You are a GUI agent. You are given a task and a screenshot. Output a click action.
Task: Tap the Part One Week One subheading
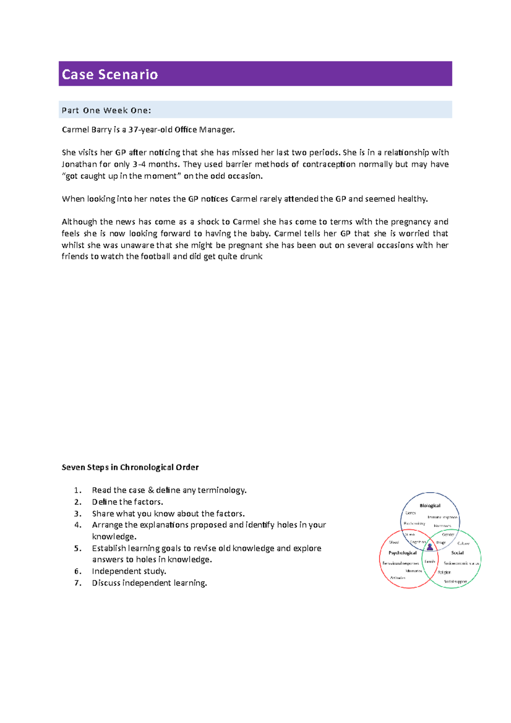pyautogui.click(x=106, y=110)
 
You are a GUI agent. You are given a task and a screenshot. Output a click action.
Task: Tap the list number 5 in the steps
pyautogui.click(x=77, y=548)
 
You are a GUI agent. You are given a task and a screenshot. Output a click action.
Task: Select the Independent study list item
pyautogui.click(x=129, y=571)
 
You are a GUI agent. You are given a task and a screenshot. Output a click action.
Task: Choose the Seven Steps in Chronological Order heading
pyautogui.click(x=130, y=467)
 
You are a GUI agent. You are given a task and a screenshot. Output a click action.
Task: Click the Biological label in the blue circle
pyautogui.click(x=430, y=506)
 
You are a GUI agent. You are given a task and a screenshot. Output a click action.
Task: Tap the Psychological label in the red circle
pyautogui.click(x=402, y=553)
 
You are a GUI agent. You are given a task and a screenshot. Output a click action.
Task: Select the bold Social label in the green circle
pyautogui.click(x=457, y=553)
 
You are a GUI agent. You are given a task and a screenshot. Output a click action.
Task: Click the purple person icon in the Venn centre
pyautogui.click(x=430, y=547)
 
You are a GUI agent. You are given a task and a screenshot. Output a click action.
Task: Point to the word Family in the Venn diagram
pyautogui.click(x=430, y=562)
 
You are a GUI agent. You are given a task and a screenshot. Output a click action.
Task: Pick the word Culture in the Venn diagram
pyautogui.click(x=463, y=543)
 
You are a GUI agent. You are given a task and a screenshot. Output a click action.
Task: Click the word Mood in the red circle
pyautogui.click(x=394, y=542)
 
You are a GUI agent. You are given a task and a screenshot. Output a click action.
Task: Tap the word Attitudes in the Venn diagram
pyautogui.click(x=398, y=578)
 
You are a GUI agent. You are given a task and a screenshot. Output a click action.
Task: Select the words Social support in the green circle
pyautogui.click(x=455, y=582)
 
